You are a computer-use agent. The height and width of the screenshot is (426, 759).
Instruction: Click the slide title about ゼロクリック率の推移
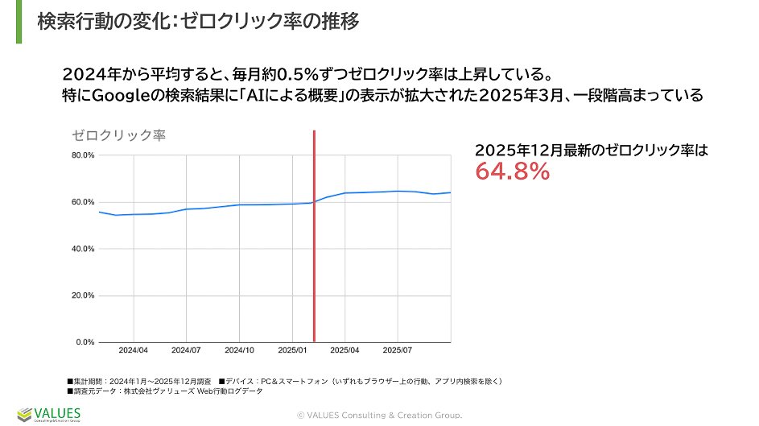[x=198, y=22]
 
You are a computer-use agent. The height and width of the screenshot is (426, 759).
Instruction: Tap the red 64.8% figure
[x=512, y=171]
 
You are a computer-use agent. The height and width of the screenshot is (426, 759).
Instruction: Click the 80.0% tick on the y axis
[x=83, y=155]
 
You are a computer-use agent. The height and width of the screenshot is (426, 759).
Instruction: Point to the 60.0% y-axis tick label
[x=83, y=201]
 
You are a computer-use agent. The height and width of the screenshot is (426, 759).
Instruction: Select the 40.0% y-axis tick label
[x=83, y=249]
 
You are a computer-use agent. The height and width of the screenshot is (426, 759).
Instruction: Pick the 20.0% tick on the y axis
[x=83, y=296]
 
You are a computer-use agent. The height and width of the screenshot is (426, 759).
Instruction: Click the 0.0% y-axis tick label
[x=85, y=342]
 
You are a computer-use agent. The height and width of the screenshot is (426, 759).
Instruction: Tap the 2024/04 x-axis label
[x=133, y=351]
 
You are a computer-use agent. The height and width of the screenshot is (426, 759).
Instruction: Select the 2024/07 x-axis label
[x=186, y=351]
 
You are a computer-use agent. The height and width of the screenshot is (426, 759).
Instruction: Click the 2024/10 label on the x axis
[x=239, y=351]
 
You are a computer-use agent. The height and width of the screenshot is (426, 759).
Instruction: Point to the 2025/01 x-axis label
[x=292, y=351]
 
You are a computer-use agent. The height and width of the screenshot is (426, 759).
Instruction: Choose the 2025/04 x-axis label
[x=344, y=351]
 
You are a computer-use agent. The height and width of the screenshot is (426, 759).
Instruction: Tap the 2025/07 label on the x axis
[x=398, y=351]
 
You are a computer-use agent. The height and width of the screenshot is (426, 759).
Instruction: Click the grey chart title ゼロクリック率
[x=118, y=135]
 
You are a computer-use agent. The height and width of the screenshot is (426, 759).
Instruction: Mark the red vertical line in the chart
[x=314, y=242]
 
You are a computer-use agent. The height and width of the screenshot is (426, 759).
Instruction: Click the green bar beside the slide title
[x=19, y=22]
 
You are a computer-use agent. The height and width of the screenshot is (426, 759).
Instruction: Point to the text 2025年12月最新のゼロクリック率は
[x=591, y=150]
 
